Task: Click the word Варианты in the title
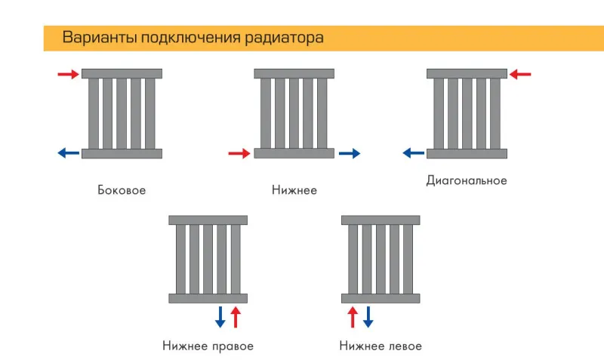point(100,38)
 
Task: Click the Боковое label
point(122,190)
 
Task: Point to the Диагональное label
point(467,180)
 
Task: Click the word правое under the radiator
point(233,346)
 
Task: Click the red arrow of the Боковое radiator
point(69,74)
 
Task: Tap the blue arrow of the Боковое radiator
point(69,153)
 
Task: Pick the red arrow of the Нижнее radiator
point(239,154)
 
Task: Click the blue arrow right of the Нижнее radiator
point(350,154)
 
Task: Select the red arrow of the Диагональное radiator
point(520,74)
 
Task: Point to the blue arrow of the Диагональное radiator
point(413,153)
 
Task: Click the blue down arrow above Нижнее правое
point(220,317)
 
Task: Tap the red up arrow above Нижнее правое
point(236,317)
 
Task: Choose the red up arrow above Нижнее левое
point(353,317)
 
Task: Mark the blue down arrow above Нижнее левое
point(368,317)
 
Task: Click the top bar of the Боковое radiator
point(122,73)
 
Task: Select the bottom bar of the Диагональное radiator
point(467,154)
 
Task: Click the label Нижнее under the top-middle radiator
point(294,190)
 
